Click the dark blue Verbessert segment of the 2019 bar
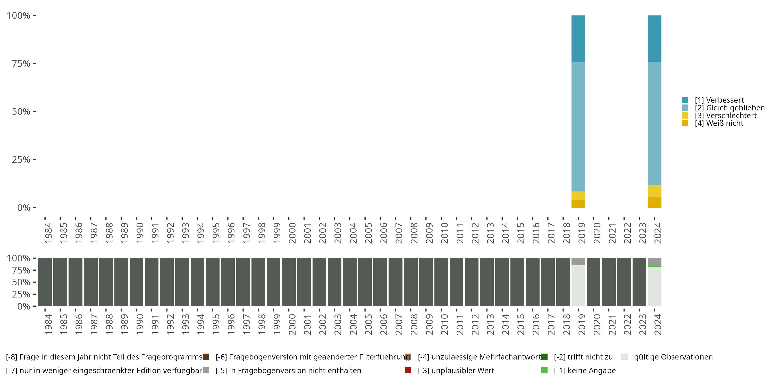click(x=578, y=39)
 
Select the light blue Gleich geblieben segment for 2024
click(x=654, y=123)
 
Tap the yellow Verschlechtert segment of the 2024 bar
click(x=654, y=191)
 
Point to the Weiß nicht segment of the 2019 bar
click(x=578, y=204)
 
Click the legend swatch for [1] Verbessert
click(x=685, y=100)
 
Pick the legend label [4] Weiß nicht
click(x=719, y=124)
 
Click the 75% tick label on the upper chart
click(x=21, y=64)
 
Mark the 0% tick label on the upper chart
click(x=24, y=208)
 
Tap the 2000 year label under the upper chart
click(x=292, y=233)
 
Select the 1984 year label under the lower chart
click(x=48, y=324)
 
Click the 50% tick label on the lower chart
click(x=21, y=282)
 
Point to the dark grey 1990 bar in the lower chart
click(x=136, y=282)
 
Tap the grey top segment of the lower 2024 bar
click(x=654, y=262)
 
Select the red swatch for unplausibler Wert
click(x=408, y=370)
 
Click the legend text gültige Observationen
click(x=673, y=357)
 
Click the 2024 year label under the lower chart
click(x=658, y=324)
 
